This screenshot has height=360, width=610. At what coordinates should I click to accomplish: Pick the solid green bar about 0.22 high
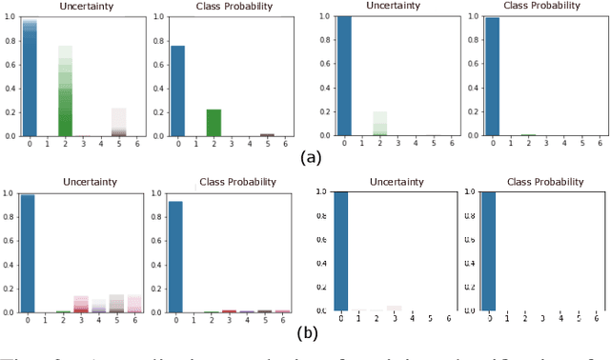click(x=213, y=122)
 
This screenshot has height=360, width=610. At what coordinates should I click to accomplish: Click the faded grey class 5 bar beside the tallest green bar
click(x=119, y=122)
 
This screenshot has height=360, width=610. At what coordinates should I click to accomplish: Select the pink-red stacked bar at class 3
click(x=81, y=304)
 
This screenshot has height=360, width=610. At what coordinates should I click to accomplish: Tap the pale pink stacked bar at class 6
click(x=134, y=304)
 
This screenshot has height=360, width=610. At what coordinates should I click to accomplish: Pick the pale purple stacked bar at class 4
click(x=99, y=306)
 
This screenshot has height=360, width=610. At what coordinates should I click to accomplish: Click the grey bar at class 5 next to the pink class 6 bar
click(x=116, y=304)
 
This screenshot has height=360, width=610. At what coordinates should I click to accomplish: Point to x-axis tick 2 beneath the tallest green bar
click(x=66, y=145)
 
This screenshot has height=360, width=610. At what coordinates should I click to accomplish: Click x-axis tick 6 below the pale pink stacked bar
click(x=134, y=321)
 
